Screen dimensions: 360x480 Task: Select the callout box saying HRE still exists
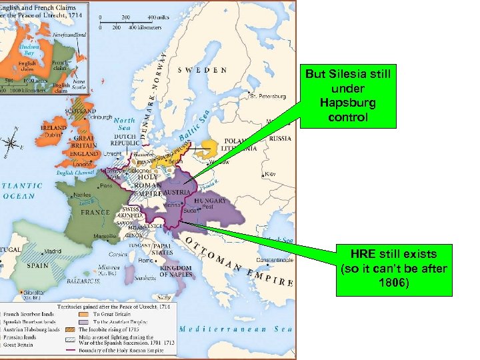(393, 269)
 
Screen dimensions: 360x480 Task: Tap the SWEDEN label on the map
(202, 70)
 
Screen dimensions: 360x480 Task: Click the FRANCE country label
(95, 212)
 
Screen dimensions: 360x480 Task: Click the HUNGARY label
(211, 200)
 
